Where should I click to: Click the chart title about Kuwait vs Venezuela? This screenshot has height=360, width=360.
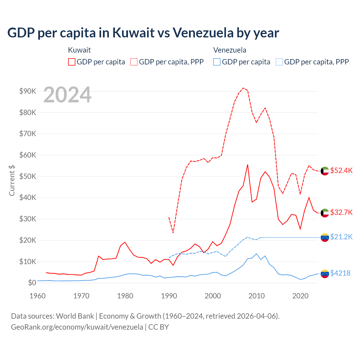(x=143, y=33)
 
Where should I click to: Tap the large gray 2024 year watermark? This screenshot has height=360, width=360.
(x=67, y=95)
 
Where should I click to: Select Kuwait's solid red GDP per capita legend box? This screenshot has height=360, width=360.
(x=72, y=62)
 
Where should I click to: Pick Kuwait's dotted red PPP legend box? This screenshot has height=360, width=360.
(x=134, y=62)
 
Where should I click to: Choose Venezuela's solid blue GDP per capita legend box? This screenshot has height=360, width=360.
(x=217, y=62)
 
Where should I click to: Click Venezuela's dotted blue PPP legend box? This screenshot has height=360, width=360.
(x=279, y=62)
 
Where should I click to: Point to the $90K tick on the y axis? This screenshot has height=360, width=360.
(x=28, y=91)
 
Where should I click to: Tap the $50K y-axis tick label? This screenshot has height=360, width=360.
(x=28, y=176)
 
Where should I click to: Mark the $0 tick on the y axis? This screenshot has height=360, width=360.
(x=32, y=283)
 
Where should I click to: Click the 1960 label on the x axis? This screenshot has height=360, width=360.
(x=37, y=296)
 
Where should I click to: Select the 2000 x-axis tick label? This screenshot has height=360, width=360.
(x=213, y=296)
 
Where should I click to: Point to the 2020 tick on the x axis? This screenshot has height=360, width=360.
(x=300, y=296)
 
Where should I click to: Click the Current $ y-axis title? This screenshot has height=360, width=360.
(x=12, y=180)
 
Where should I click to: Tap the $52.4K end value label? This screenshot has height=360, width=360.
(x=341, y=171)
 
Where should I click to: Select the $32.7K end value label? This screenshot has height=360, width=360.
(x=341, y=212)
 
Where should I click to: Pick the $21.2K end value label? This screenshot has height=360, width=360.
(x=341, y=237)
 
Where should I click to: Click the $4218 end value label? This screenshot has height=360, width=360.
(x=340, y=273)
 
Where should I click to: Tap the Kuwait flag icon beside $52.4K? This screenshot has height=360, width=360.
(x=325, y=171)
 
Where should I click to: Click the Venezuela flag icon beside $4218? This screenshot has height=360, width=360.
(x=325, y=273)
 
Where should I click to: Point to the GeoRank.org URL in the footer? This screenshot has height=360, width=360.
(x=77, y=327)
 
